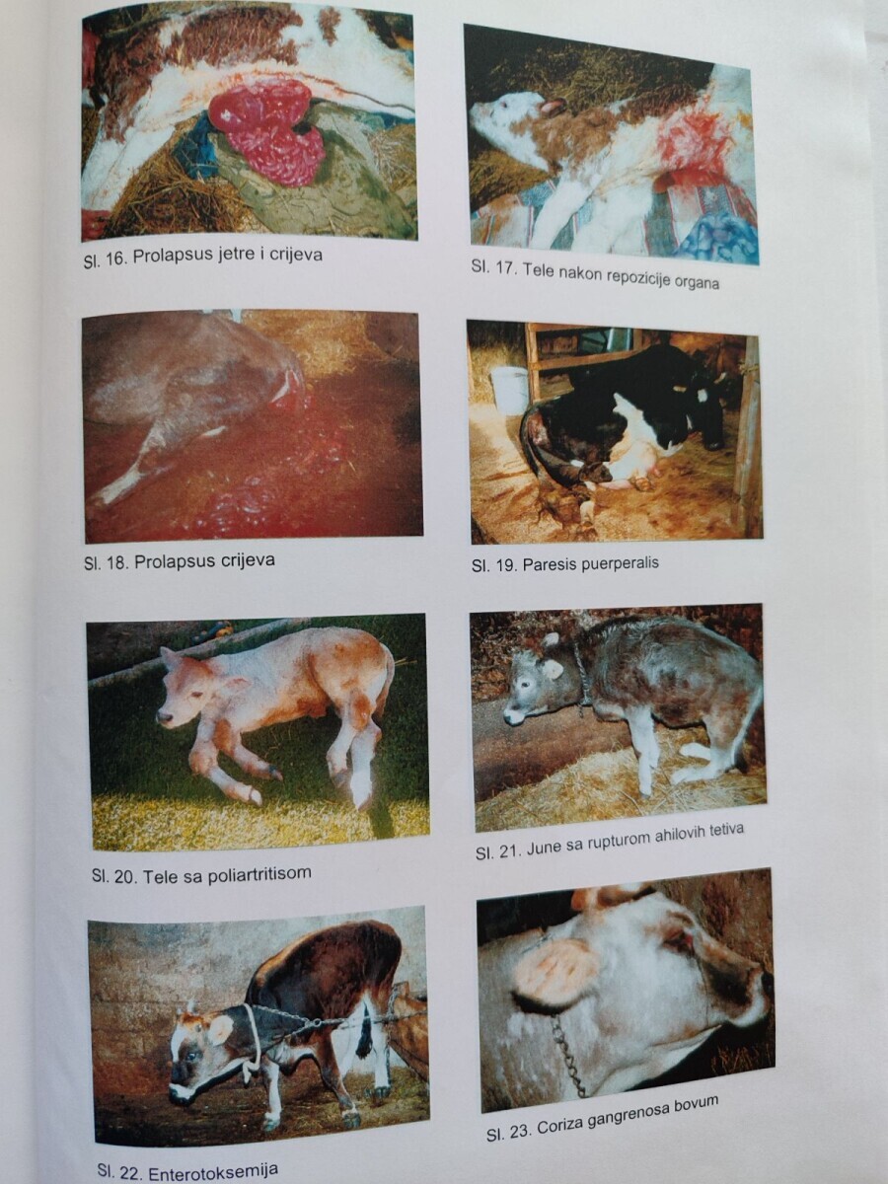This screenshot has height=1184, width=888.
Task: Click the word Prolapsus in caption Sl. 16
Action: [x=165, y=257]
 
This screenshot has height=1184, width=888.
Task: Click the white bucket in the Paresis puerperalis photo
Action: [x=509, y=390]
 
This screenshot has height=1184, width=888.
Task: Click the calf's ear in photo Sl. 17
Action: [x=555, y=107]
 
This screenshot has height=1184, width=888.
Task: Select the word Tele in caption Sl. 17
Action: [x=537, y=270]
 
